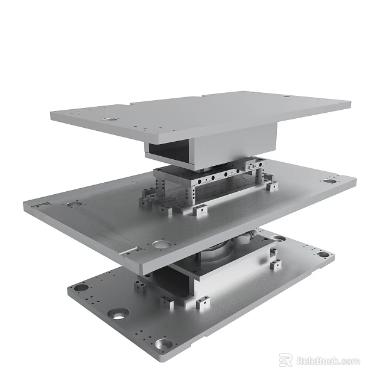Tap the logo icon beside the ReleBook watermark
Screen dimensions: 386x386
pyautogui.click(x=286, y=361)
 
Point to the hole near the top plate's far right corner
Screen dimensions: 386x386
pyautogui.click(x=286, y=97)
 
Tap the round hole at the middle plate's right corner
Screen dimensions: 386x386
pyautogui.click(x=329, y=180)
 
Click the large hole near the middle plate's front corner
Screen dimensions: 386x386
pyautogui.click(x=160, y=244)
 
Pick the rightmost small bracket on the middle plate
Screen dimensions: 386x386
pyautogui.click(x=272, y=186)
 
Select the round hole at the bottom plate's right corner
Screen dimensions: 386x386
pyautogui.click(x=324, y=255)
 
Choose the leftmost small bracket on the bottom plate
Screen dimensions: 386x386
pyautogui.click(x=140, y=287)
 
